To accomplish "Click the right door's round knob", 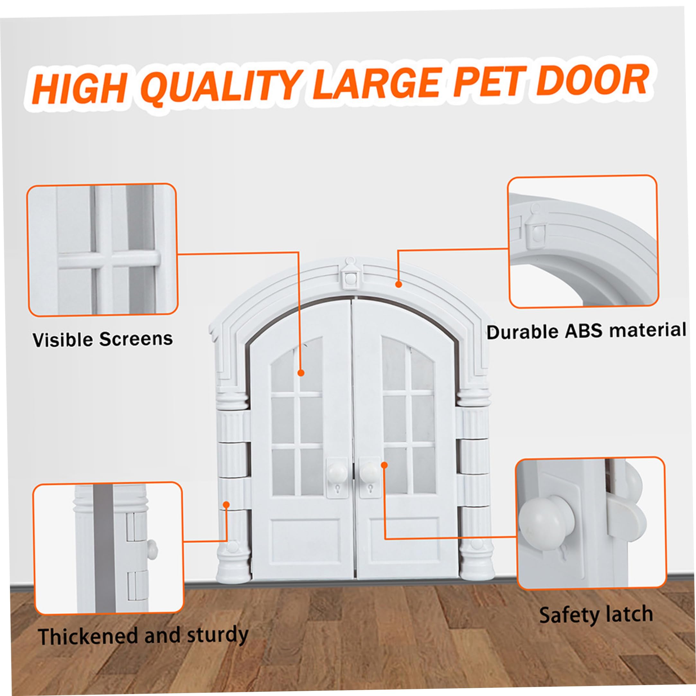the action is [370, 471].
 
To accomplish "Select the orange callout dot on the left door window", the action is [301, 373].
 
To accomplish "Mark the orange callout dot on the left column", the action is [226, 504].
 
